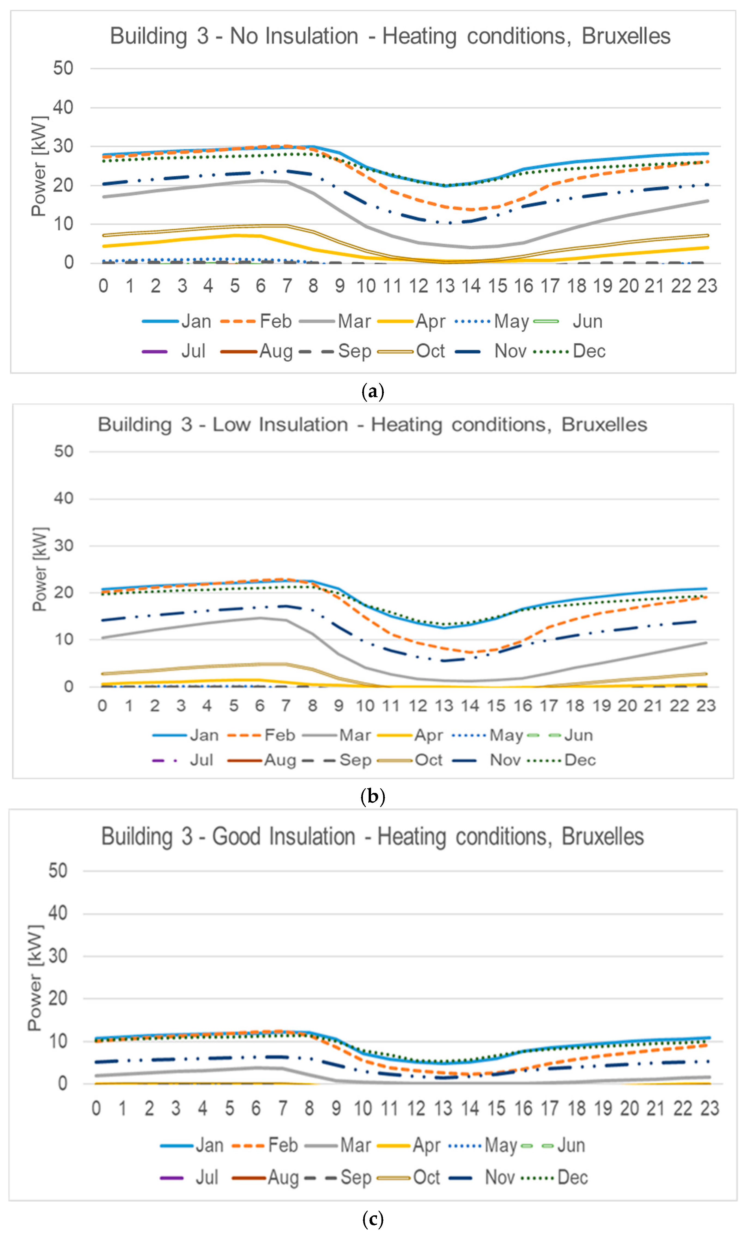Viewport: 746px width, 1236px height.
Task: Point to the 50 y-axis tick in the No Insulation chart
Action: [63, 68]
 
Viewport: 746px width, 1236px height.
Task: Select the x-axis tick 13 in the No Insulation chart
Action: [445, 286]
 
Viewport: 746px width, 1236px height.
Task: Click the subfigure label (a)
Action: [372, 392]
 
